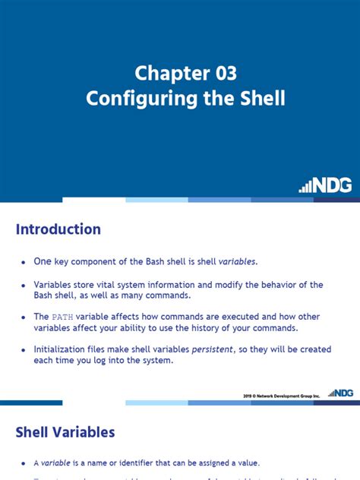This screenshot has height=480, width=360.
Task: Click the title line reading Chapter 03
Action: point(186,74)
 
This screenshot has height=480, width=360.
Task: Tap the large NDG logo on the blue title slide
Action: point(326,185)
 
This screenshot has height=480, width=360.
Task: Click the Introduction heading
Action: point(58,229)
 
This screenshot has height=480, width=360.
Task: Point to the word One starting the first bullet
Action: point(43,261)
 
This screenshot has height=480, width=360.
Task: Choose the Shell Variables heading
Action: point(65,432)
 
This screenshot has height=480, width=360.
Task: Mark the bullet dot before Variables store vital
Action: point(24,285)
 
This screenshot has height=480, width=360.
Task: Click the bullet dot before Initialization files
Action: point(24,349)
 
